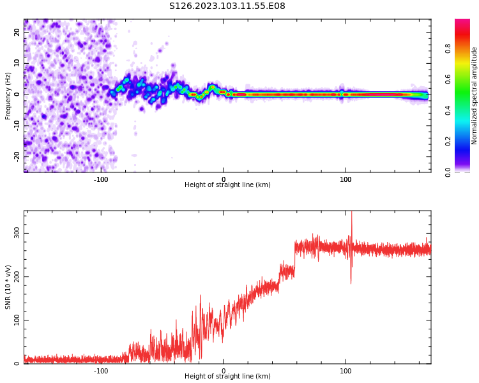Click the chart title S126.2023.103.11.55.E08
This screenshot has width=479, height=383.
(227, 6)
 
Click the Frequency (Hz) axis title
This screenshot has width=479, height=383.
(8, 96)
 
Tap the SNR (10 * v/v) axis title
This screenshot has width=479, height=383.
(8, 287)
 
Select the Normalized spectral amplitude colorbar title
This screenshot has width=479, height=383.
(475, 96)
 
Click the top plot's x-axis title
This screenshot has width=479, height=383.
(227, 185)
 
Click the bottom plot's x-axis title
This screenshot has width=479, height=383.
(227, 377)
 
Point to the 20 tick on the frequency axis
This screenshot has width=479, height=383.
(17, 32)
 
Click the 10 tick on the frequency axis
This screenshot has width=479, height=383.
(17, 63)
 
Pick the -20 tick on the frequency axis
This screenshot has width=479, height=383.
(16, 156)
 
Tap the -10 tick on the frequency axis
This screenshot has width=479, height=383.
(16, 125)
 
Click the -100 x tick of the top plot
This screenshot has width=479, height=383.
(101, 179)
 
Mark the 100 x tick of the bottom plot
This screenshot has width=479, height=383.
(346, 371)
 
